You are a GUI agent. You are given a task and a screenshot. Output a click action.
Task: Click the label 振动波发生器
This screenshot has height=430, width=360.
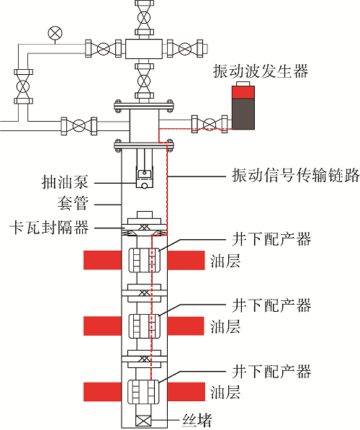(261, 71)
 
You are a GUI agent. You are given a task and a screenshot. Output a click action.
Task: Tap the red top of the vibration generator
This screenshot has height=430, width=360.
(243, 92)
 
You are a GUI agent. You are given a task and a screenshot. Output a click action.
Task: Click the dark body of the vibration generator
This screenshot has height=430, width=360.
(243, 114)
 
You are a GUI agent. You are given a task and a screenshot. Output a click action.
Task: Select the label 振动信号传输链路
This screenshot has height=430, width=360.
(296, 175)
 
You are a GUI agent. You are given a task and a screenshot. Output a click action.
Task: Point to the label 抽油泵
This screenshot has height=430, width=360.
(66, 182)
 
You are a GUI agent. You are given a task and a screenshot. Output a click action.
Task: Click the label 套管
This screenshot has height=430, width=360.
(73, 203)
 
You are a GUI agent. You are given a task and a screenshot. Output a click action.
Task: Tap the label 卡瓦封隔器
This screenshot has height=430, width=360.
(50, 228)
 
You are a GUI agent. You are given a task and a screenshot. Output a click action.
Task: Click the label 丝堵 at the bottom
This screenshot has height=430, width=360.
(197, 420)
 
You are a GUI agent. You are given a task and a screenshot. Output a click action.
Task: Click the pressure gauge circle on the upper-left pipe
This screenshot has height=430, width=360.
(55, 33)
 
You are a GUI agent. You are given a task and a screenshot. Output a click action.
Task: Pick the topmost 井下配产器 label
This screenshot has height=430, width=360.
(271, 239)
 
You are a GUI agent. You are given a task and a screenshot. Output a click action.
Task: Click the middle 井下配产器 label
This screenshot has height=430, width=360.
(271, 305)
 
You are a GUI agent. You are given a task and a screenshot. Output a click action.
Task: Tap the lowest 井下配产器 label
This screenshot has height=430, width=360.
(271, 372)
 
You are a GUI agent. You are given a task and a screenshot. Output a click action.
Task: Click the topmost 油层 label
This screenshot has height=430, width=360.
(225, 261)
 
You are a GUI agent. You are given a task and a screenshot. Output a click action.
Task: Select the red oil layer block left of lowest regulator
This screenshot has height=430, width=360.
(102, 392)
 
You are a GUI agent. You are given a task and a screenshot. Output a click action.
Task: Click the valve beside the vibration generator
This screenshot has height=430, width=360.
(210, 124)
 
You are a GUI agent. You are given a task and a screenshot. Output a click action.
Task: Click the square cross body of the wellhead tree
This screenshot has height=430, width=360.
(144, 49)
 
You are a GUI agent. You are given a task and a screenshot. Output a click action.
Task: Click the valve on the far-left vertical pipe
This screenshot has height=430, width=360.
(23, 86)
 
